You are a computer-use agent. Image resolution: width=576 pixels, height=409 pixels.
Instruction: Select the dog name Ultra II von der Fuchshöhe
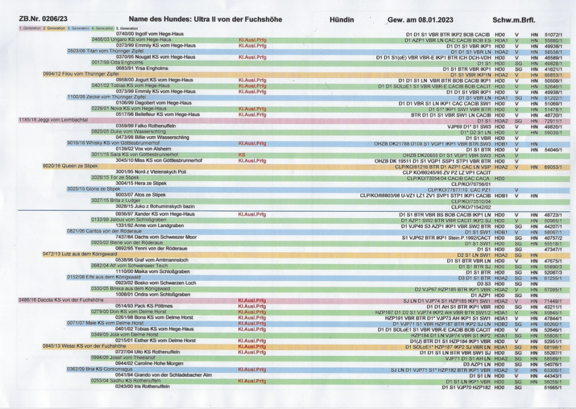click(x=205, y=20)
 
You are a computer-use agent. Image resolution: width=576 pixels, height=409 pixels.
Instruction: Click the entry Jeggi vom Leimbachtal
click(x=44, y=120)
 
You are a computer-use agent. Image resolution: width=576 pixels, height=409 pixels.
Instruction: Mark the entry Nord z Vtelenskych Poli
click(x=151, y=172)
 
